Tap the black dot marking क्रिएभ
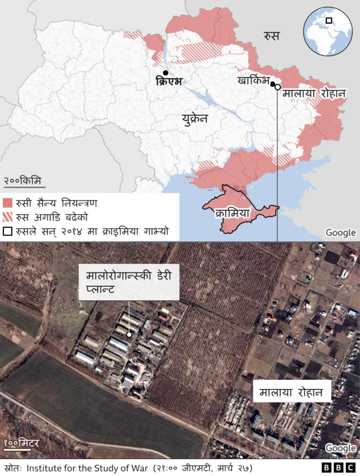pos(165,73)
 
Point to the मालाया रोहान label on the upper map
pos(314,92)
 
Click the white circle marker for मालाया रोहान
pos(278,88)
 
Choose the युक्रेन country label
pos(195,119)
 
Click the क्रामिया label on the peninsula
pos(232,214)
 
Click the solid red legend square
pos(7,203)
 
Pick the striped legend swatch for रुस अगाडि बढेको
pos(7,217)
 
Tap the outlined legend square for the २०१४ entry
pos(7,231)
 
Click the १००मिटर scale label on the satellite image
pos(21,444)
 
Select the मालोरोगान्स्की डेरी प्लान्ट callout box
pos(129,282)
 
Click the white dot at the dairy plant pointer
pos(129,334)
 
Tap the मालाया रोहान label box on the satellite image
pos(291,392)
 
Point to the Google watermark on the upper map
pos(340,232)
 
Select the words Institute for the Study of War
pos(80,468)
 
